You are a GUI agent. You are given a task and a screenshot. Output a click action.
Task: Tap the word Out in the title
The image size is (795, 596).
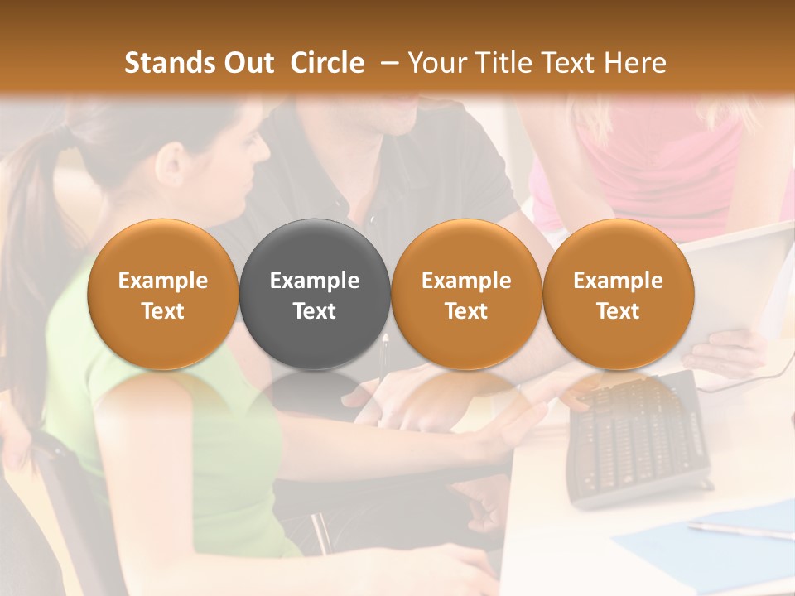pyautogui.click(x=247, y=63)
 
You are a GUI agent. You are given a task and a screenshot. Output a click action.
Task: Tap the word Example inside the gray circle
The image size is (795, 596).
pyautogui.click(x=315, y=281)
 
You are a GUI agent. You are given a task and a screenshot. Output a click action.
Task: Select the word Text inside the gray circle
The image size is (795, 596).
pyautogui.click(x=315, y=311)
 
